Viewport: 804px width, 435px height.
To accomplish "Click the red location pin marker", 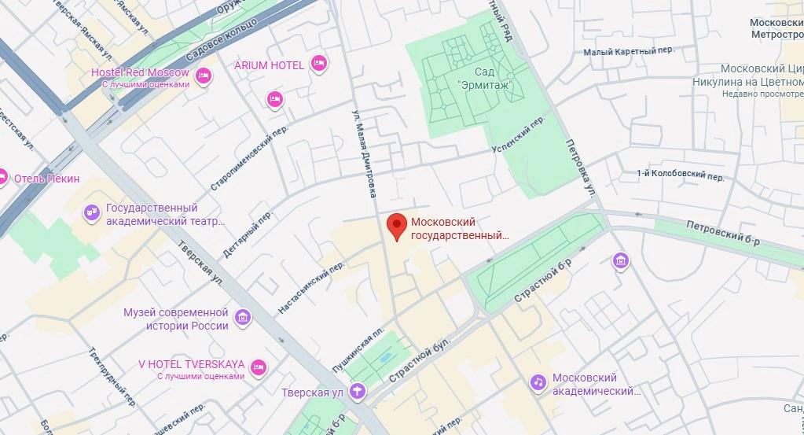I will click(397, 226).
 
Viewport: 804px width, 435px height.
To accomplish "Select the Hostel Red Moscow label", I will click(140, 72).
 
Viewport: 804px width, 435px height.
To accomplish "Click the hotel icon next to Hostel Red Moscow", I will click(203, 76).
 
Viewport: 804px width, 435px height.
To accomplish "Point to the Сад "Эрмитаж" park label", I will click(484, 78).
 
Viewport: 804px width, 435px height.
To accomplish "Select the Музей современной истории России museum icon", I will click(244, 318).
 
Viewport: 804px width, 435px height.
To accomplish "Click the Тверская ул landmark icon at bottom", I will click(358, 390).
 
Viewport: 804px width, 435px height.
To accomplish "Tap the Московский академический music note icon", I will click(538, 382).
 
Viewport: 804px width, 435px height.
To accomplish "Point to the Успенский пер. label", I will click(518, 135).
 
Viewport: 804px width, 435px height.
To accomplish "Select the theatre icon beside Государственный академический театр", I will click(92, 212).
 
